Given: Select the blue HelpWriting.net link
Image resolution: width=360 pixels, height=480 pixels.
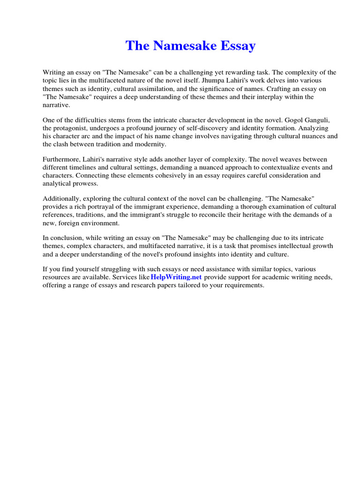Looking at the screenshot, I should click(x=176, y=277).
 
